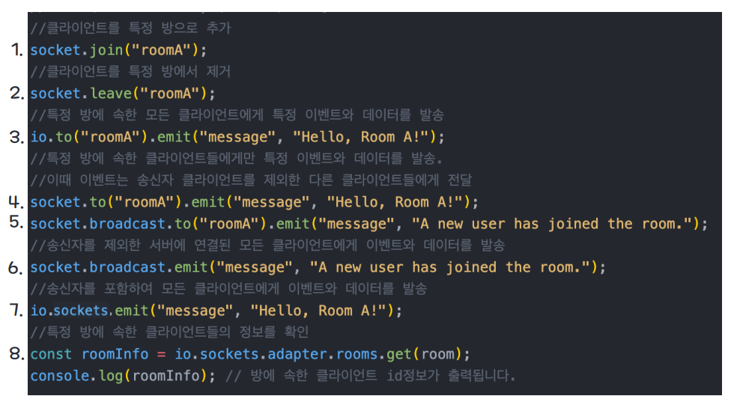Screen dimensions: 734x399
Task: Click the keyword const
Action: (51, 354)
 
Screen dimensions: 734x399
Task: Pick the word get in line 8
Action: (399, 354)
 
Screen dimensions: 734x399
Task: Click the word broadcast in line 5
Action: (129, 224)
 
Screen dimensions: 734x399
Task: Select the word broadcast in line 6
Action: (129, 267)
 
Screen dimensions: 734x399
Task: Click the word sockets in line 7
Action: (81, 311)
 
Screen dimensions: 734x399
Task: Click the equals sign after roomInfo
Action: (160, 354)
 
